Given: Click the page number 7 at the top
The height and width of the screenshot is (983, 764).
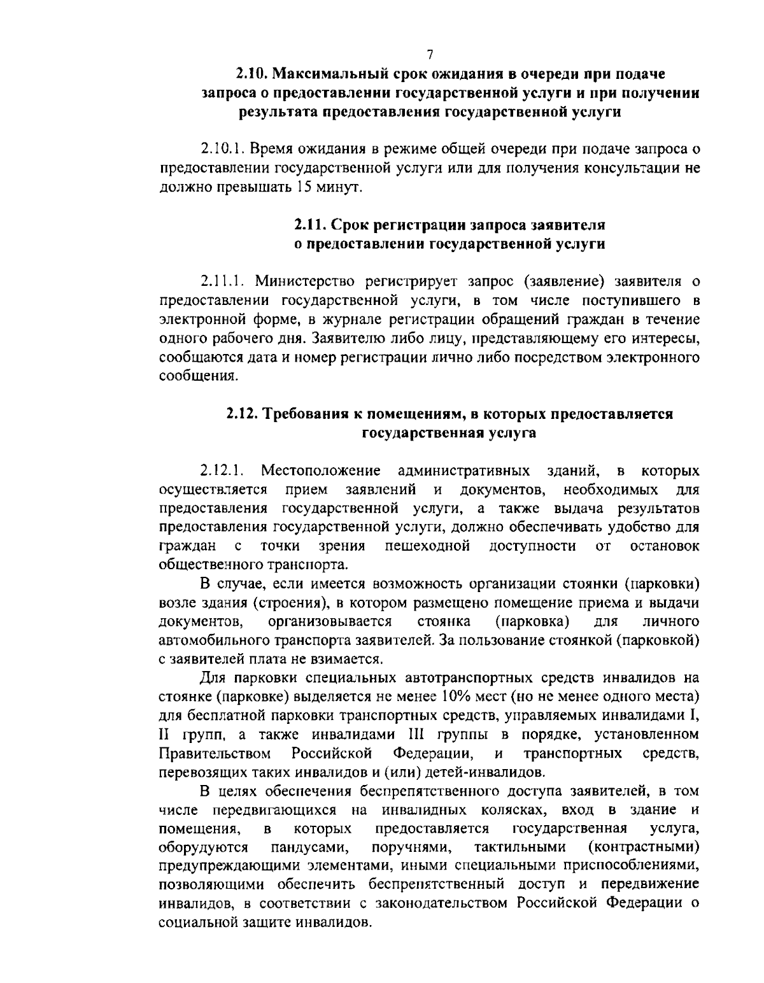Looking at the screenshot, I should pos(430,55).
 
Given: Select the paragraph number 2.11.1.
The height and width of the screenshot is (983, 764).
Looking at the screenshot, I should pos(220,281).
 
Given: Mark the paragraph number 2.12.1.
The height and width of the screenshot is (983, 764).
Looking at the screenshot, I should pos(220,471).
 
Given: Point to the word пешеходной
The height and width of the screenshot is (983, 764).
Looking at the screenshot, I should pos(427,546).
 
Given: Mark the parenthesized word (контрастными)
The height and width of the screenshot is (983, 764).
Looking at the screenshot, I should pos(644,848).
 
